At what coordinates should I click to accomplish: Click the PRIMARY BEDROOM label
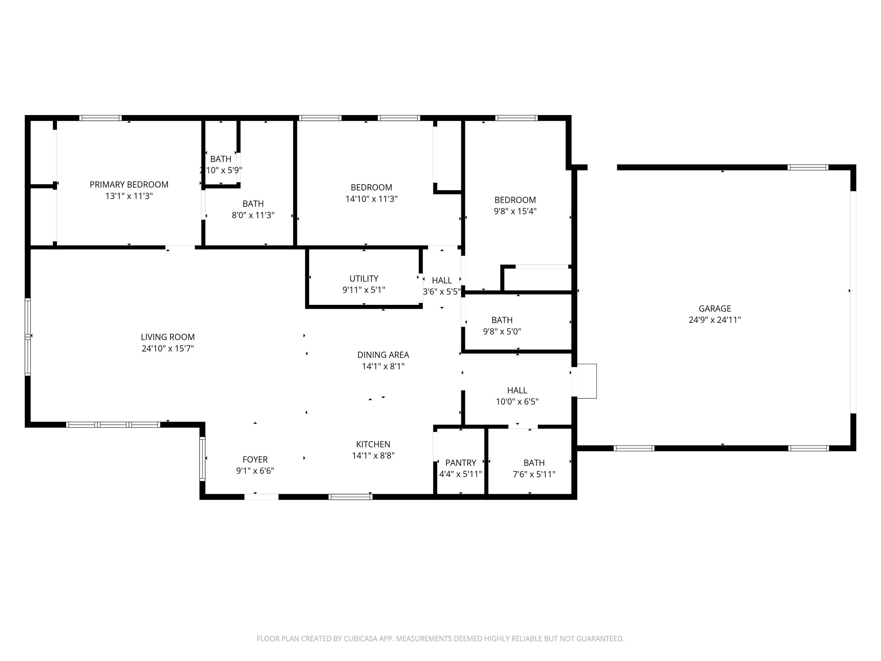pyautogui.click(x=129, y=184)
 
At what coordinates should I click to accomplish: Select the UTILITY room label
pyautogui.click(x=364, y=279)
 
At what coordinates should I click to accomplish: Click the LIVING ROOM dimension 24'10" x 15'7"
pyautogui.click(x=168, y=348)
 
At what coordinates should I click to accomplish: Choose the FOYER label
pyautogui.click(x=255, y=459)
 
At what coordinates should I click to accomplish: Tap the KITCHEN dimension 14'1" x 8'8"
pyautogui.click(x=373, y=455)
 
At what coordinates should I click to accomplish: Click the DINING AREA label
pyautogui.click(x=383, y=355)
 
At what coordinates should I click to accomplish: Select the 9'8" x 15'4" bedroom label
pyautogui.click(x=515, y=200)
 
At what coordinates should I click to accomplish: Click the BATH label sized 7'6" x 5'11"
pyautogui.click(x=534, y=462)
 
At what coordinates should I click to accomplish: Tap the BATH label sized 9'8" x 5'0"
pyautogui.click(x=502, y=320)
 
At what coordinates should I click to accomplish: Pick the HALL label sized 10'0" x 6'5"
pyautogui.click(x=517, y=390)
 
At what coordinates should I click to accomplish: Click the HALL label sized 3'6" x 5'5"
pyautogui.click(x=442, y=280)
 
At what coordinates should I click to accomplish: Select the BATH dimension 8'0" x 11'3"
pyautogui.click(x=253, y=215)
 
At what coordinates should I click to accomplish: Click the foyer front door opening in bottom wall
pyautogui.click(x=261, y=496)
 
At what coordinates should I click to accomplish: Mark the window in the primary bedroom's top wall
pyautogui.click(x=100, y=118)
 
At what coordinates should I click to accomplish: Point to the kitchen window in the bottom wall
pyautogui.click(x=350, y=496)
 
